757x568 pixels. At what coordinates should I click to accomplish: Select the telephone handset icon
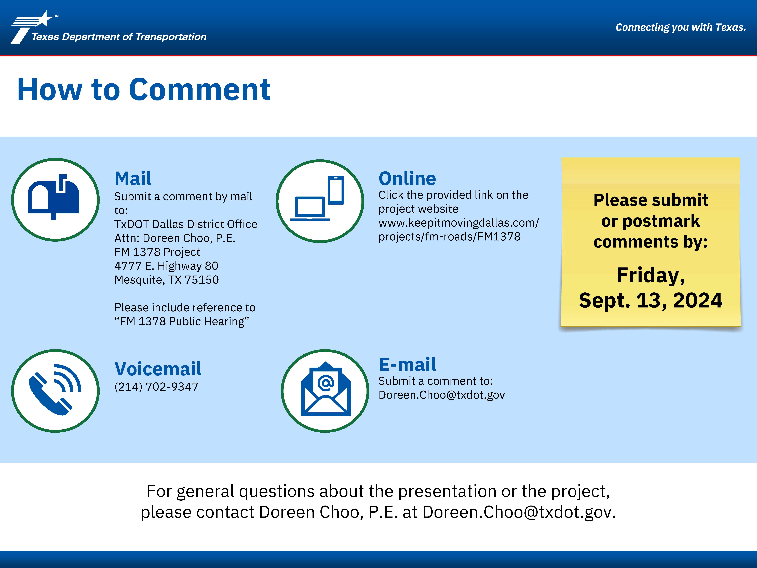pos(55,390)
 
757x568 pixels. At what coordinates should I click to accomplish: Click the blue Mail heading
pos(133,178)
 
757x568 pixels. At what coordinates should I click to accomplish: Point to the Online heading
pos(407,178)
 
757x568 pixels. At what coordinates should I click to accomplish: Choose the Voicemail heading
pos(158,369)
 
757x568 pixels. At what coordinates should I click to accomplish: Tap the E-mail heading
pos(407,364)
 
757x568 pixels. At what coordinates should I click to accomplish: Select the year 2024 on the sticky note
pos(697,300)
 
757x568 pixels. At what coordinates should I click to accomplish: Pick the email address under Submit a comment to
pos(441,395)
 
